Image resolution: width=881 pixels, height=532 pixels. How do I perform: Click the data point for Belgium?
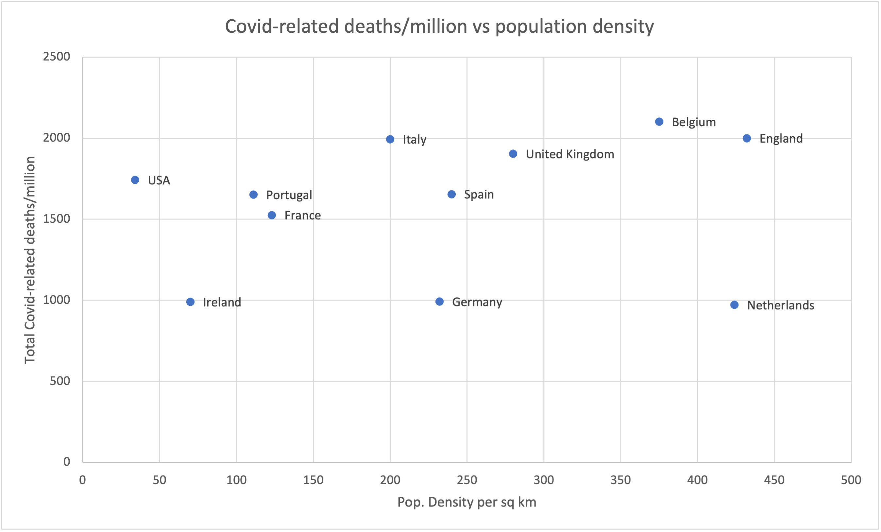[659, 122]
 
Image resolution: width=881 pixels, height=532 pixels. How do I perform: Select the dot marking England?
[747, 138]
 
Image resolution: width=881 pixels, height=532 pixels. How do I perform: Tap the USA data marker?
[135, 180]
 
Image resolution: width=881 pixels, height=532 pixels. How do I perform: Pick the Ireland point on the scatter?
[190, 302]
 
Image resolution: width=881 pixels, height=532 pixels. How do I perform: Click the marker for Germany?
[439, 302]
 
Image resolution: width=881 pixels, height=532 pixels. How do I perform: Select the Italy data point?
[390, 139]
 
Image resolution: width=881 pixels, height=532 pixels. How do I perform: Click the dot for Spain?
[451, 194]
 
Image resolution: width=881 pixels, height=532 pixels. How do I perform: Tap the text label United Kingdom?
[570, 154]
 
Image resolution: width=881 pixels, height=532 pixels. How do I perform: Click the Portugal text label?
[289, 195]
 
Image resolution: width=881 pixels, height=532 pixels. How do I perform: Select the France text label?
[302, 215]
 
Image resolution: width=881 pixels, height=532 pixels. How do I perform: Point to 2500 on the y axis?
[57, 57]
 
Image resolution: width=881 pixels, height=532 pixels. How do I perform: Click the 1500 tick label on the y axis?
[57, 219]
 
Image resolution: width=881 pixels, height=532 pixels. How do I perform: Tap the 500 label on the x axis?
[851, 480]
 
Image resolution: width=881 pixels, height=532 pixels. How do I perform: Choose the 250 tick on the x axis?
[467, 480]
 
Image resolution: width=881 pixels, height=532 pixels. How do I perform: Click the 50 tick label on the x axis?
[160, 480]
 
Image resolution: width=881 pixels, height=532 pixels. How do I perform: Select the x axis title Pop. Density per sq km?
[467, 502]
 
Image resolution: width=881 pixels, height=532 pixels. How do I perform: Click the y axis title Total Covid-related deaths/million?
[30, 260]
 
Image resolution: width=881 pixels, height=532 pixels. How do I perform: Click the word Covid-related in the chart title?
[282, 26]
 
